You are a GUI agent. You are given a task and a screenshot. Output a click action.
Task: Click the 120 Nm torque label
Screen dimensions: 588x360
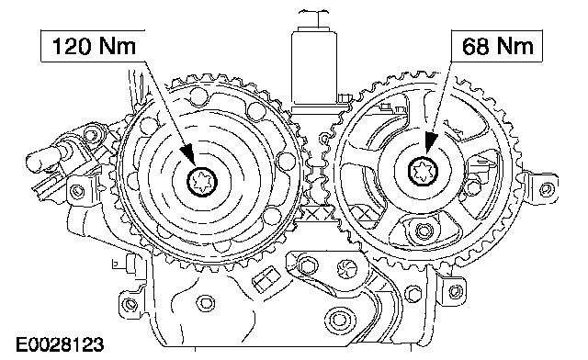[x=94, y=46]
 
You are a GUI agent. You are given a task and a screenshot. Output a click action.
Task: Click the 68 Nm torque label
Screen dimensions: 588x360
[x=497, y=46]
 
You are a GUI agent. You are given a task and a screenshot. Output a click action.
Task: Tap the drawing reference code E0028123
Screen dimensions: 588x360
[x=60, y=344]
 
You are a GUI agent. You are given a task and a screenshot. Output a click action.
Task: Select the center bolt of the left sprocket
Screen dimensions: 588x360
[x=202, y=182]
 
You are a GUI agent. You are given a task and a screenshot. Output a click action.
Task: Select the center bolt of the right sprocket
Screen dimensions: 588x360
[x=424, y=171]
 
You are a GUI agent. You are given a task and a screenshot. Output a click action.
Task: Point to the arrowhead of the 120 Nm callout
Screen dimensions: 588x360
[x=188, y=154]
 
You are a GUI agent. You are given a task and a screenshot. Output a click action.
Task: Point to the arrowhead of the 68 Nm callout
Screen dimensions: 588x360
[x=430, y=143]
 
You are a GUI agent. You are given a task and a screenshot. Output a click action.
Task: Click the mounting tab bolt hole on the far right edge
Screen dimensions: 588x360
[x=547, y=189]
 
